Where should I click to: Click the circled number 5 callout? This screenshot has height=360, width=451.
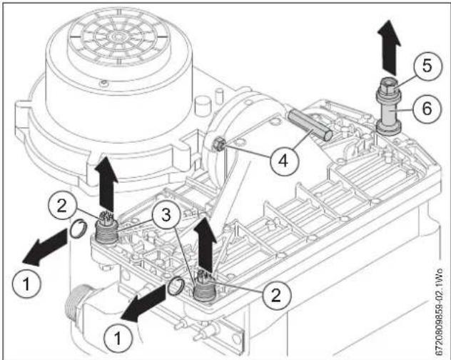(427, 66)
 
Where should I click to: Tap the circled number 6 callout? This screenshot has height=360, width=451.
(426, 109)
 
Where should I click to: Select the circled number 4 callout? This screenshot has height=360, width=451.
(283, 161)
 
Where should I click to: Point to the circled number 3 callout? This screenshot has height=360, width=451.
(166, 215)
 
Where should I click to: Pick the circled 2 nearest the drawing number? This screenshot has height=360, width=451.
(276, 295)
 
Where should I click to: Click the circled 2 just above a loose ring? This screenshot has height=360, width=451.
(61, 206)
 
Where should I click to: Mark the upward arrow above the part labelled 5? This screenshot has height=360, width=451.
(389, 48)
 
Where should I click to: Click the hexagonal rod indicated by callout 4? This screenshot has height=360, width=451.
(310, 126)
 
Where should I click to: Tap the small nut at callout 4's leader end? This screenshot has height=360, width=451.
(218, 144)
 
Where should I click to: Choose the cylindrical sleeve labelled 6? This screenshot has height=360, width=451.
(389, 110)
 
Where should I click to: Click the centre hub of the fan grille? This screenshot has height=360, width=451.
(117, 36)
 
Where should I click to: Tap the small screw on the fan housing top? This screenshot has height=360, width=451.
(103, 84)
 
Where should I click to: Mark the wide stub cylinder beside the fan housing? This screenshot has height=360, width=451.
(203, 106)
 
